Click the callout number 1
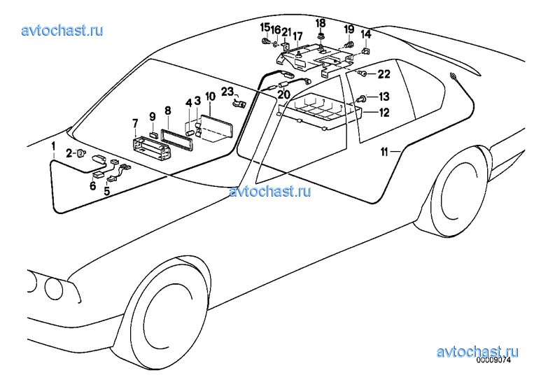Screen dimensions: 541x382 point(53,146)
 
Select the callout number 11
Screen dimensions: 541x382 point(384,152)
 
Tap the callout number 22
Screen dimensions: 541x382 point(384,74)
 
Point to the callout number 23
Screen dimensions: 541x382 point(227,92)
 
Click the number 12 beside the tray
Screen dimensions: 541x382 point(384,113)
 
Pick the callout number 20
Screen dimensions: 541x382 point(283,94)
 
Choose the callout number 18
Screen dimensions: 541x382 point(321,24)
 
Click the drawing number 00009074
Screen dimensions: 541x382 point(493,360)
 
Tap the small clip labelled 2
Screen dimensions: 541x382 point(81,153)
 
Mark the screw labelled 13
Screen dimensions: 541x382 point(362,99)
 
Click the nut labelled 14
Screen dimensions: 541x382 point(365,51)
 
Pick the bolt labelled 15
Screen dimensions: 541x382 point(266,42)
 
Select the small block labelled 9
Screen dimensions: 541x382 point(153,134)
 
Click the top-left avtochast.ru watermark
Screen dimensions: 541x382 point(62,31)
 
